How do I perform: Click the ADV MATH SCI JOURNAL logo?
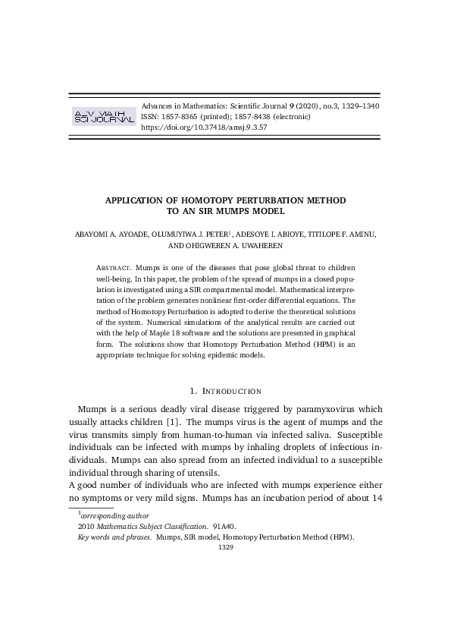coord(103,116)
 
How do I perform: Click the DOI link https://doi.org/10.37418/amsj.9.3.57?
coord(204,127)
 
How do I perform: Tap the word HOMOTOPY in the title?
coord(220,200)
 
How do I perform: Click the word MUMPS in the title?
coord(238,211)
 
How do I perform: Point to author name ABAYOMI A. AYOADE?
coord(112,235)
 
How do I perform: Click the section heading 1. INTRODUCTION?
coord(225,391)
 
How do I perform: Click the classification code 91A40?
coord(225,526)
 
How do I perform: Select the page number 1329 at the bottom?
coord(225,546)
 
